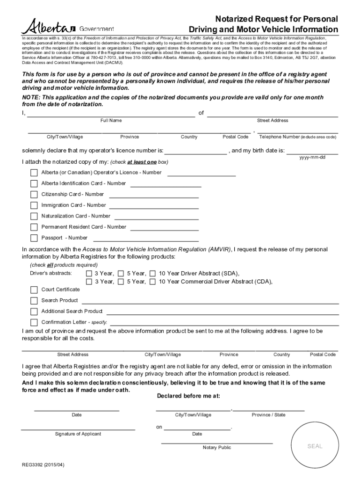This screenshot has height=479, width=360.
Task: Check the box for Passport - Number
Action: click(34, 238)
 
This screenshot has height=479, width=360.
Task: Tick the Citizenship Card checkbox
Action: click(34, 195)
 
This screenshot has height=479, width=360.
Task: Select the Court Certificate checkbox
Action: click(34, 290)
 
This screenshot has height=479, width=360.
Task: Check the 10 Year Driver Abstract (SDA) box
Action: click(152, 274)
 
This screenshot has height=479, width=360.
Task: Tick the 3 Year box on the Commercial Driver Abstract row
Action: click(89, 282)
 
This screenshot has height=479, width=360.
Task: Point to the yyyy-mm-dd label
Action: click(312, 157)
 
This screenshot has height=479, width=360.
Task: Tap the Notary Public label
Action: click(217, 448)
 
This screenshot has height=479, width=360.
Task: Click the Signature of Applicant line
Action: click(78, 428)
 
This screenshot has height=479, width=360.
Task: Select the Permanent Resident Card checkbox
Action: click(34, 227)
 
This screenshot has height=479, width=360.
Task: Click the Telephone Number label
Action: click(297, 137)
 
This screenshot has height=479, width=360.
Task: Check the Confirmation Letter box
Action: click(34, 322)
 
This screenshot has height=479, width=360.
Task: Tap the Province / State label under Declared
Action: click(268, 415)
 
